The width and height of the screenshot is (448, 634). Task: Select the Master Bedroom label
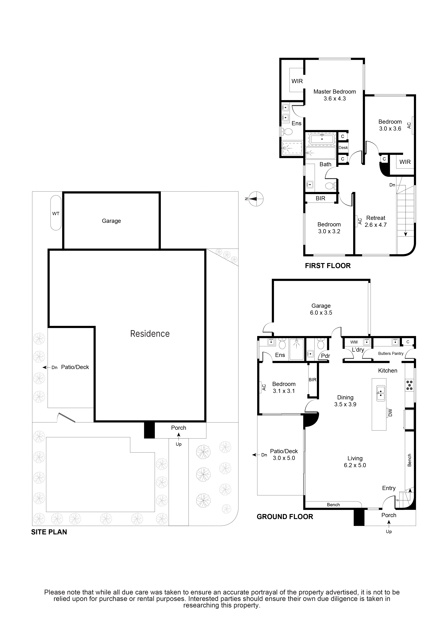click(x=335, y=92)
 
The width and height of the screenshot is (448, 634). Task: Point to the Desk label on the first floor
click(x=343, y=148)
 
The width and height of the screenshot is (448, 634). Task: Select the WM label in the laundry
click(x=354, y=342)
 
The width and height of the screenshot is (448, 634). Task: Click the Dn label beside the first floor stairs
click(x=392, y=185)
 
